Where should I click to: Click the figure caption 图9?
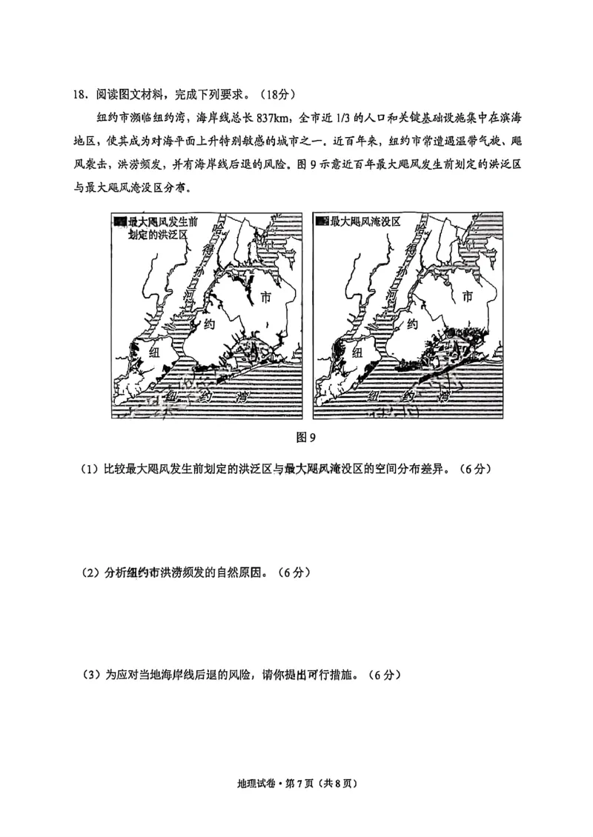click(306, 437)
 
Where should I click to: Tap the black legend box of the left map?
click(121, 221)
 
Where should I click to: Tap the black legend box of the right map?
click(321, 221)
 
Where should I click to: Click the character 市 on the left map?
click(268, 298)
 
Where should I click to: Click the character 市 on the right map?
click(467, 298)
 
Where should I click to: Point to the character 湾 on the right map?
click(443, 396)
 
